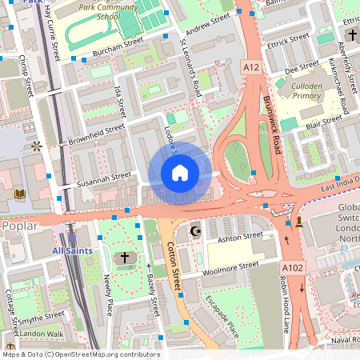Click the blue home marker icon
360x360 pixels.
tap(180, 173)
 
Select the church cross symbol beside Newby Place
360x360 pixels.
tap(124, 258)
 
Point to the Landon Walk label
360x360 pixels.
tap(42, 334)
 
